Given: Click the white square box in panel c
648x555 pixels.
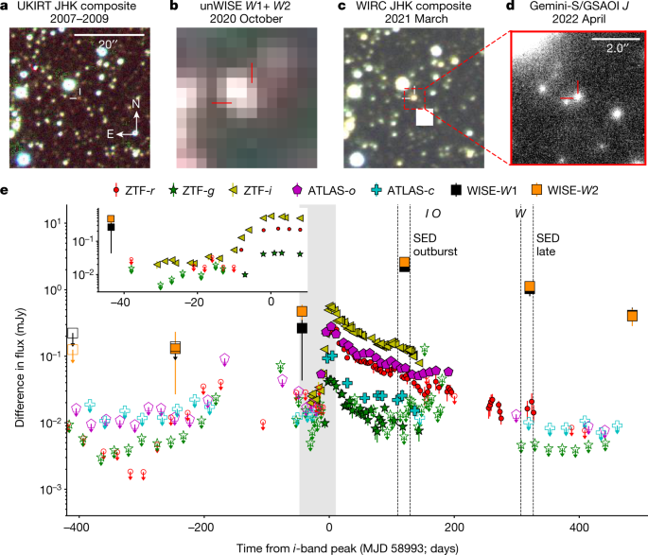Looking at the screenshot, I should pos(424,117).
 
